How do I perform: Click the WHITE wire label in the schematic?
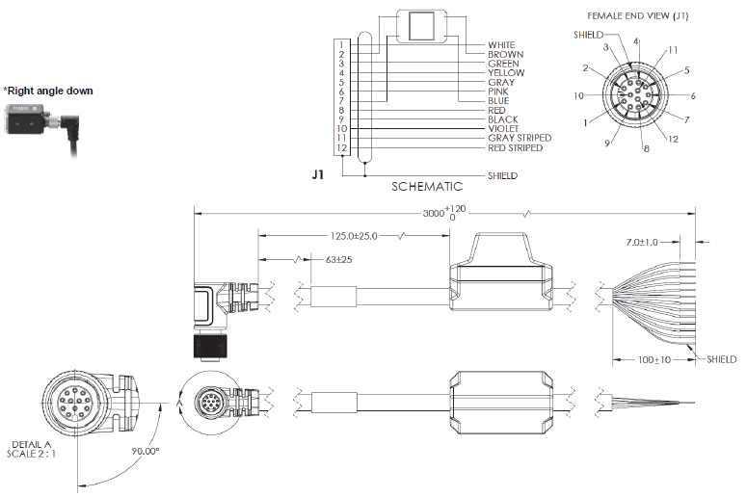(x=501, y=45)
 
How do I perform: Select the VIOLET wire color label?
(x=504, y=129)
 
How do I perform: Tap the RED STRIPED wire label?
(x=515, y=148)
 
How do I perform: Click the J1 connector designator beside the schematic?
(x=318, y=176)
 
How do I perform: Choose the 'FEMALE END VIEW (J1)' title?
(x=637, y=15)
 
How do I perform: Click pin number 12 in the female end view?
(x=673, y=140)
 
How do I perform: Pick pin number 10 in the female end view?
(x=577, y=96)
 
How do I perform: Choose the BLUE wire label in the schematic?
(x=498, y=101)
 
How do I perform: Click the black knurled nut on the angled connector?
(x=207, y=345)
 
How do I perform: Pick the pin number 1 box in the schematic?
(x=341, y=45)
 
